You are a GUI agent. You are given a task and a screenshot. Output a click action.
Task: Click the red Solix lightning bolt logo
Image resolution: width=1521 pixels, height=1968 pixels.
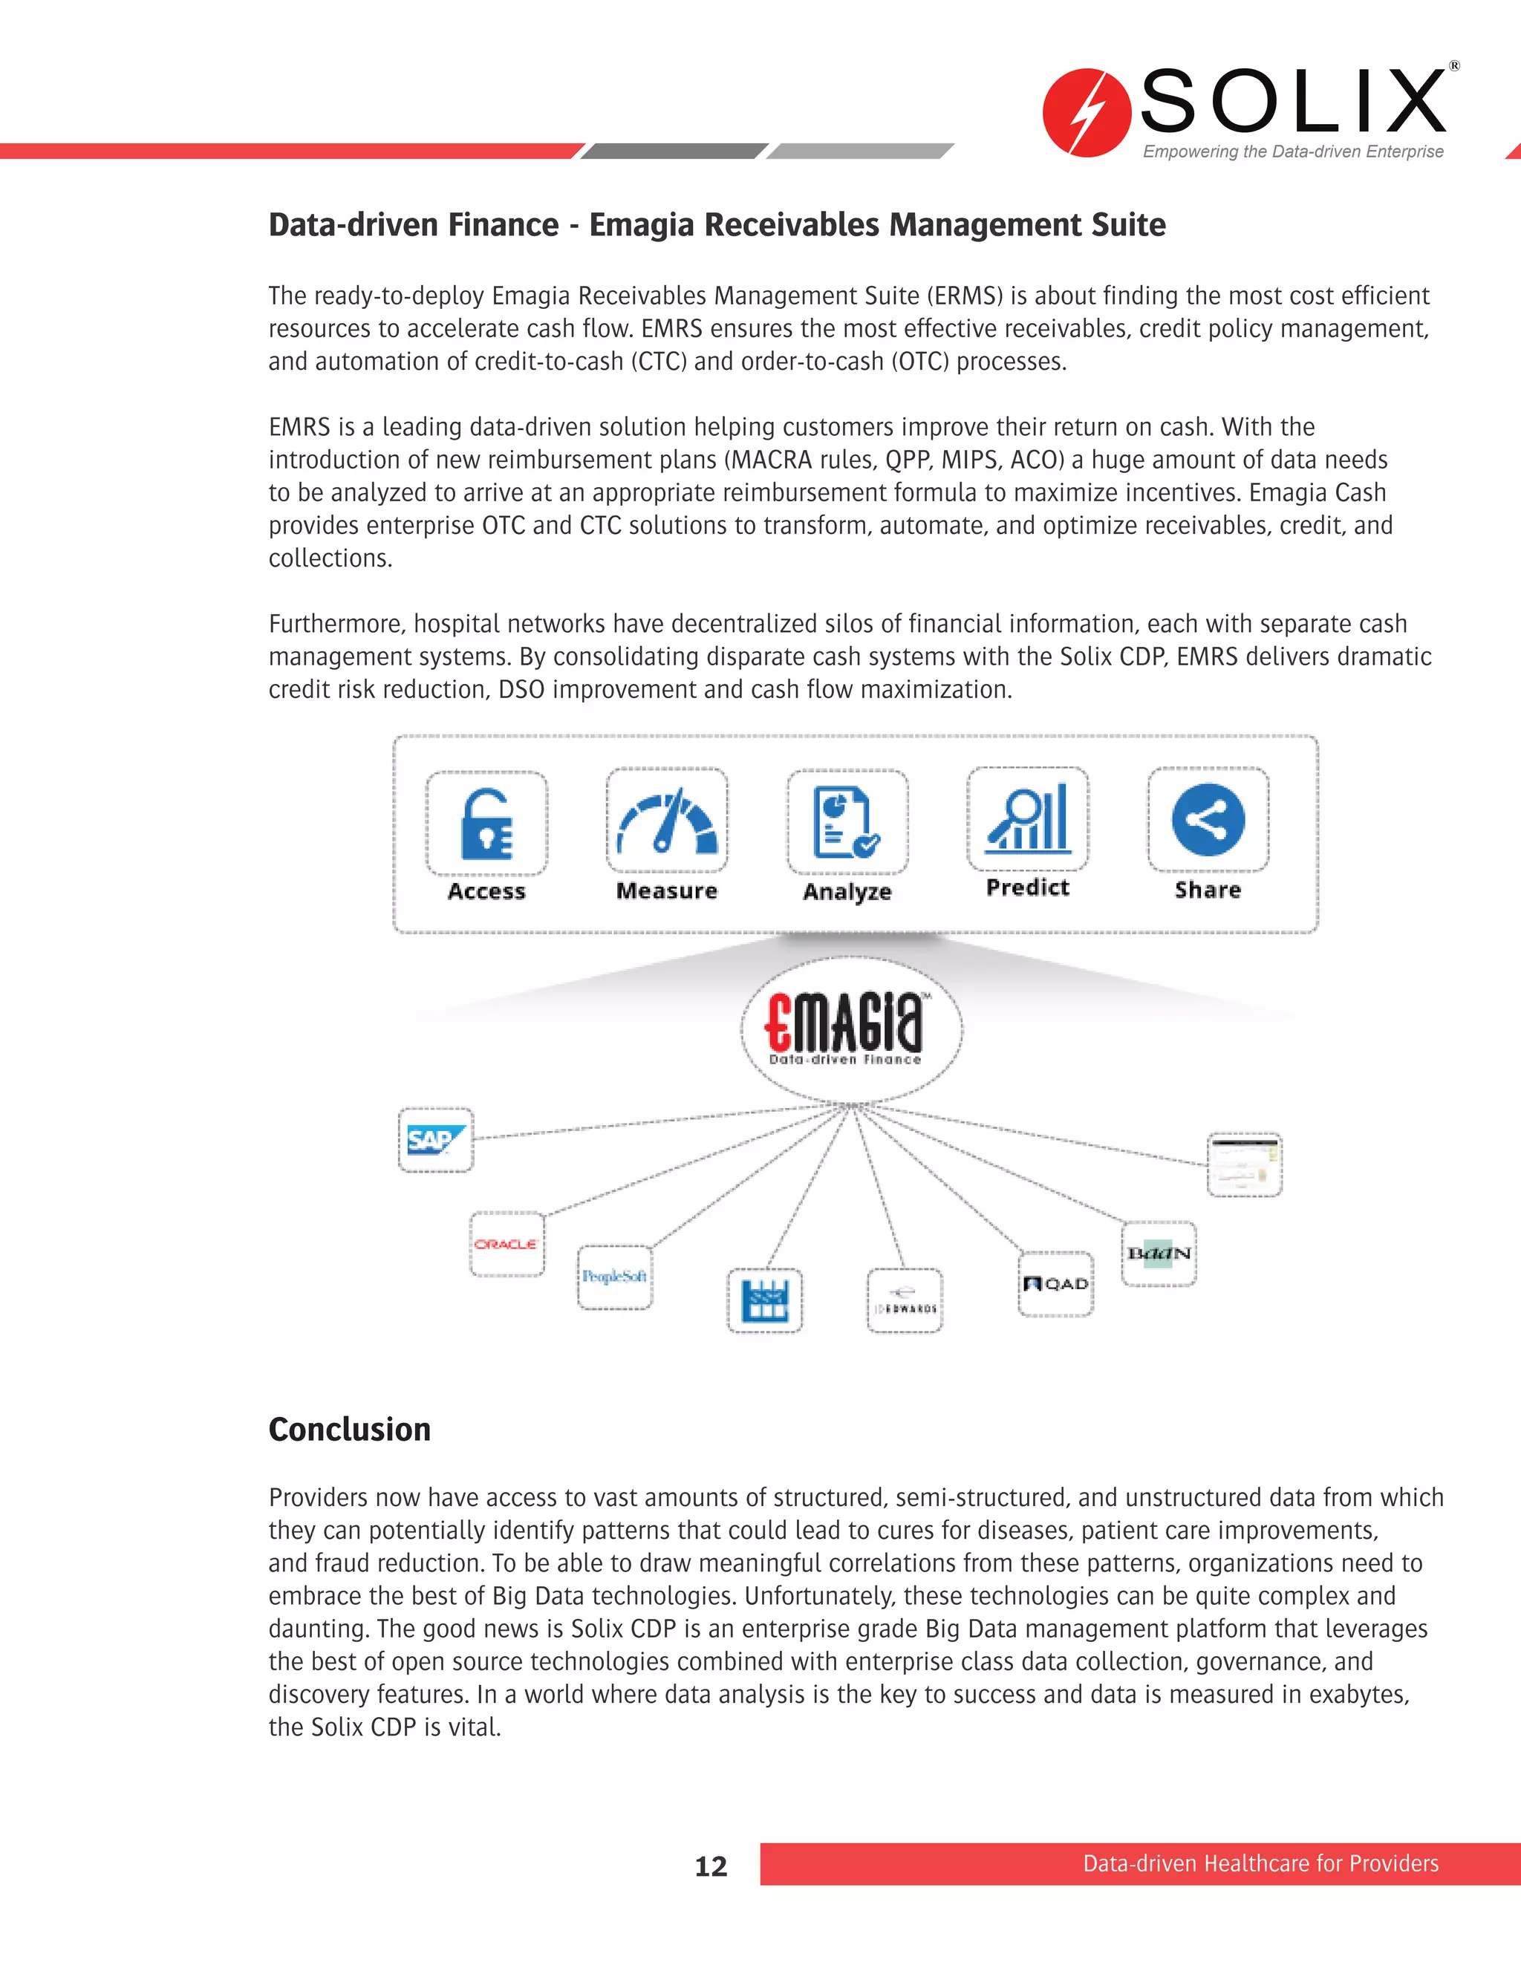pos(1087,113)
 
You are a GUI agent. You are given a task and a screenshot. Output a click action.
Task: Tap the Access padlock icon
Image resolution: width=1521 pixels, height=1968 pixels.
pos(486,824)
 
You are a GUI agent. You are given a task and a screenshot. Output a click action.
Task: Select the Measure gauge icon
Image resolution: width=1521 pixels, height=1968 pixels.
pos(667,821)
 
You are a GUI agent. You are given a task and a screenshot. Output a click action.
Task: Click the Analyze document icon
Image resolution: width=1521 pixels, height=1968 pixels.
pos(847,822)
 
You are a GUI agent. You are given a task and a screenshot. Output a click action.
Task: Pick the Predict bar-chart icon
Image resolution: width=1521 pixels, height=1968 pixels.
pos(1028,819)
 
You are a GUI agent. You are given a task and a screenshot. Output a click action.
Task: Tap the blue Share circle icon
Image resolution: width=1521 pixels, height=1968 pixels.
pos(1208,820)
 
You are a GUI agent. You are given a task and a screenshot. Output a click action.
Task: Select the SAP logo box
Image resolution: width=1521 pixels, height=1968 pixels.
pos(436,1140)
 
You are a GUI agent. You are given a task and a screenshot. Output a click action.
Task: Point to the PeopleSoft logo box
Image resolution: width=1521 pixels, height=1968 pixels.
pos(614,1277)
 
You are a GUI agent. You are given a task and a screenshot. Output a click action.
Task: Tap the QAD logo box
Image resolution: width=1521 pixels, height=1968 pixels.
pos(1055,1284)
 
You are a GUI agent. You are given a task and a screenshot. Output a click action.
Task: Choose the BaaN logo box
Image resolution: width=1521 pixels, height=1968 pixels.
pos(1159,1254)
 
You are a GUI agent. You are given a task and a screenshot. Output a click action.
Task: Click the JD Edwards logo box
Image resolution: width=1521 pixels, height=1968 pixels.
pos(905,1301)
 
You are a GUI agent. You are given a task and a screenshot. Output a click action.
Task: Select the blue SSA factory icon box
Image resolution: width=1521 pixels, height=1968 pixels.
pos(764,1301)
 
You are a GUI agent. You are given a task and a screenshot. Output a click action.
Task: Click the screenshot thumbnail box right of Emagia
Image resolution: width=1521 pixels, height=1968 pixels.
pos(1245,1165)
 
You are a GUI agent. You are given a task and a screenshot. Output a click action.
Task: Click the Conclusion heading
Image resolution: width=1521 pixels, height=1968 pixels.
pos(350,1430)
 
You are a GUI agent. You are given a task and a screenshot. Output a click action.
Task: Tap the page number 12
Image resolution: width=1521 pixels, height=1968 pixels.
pos(711,1866)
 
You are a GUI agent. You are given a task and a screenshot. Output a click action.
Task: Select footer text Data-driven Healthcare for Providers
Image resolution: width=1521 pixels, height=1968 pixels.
pos(1260,1863)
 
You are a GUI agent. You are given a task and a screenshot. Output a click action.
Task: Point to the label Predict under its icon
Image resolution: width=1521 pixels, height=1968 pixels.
pos(1028,887)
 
